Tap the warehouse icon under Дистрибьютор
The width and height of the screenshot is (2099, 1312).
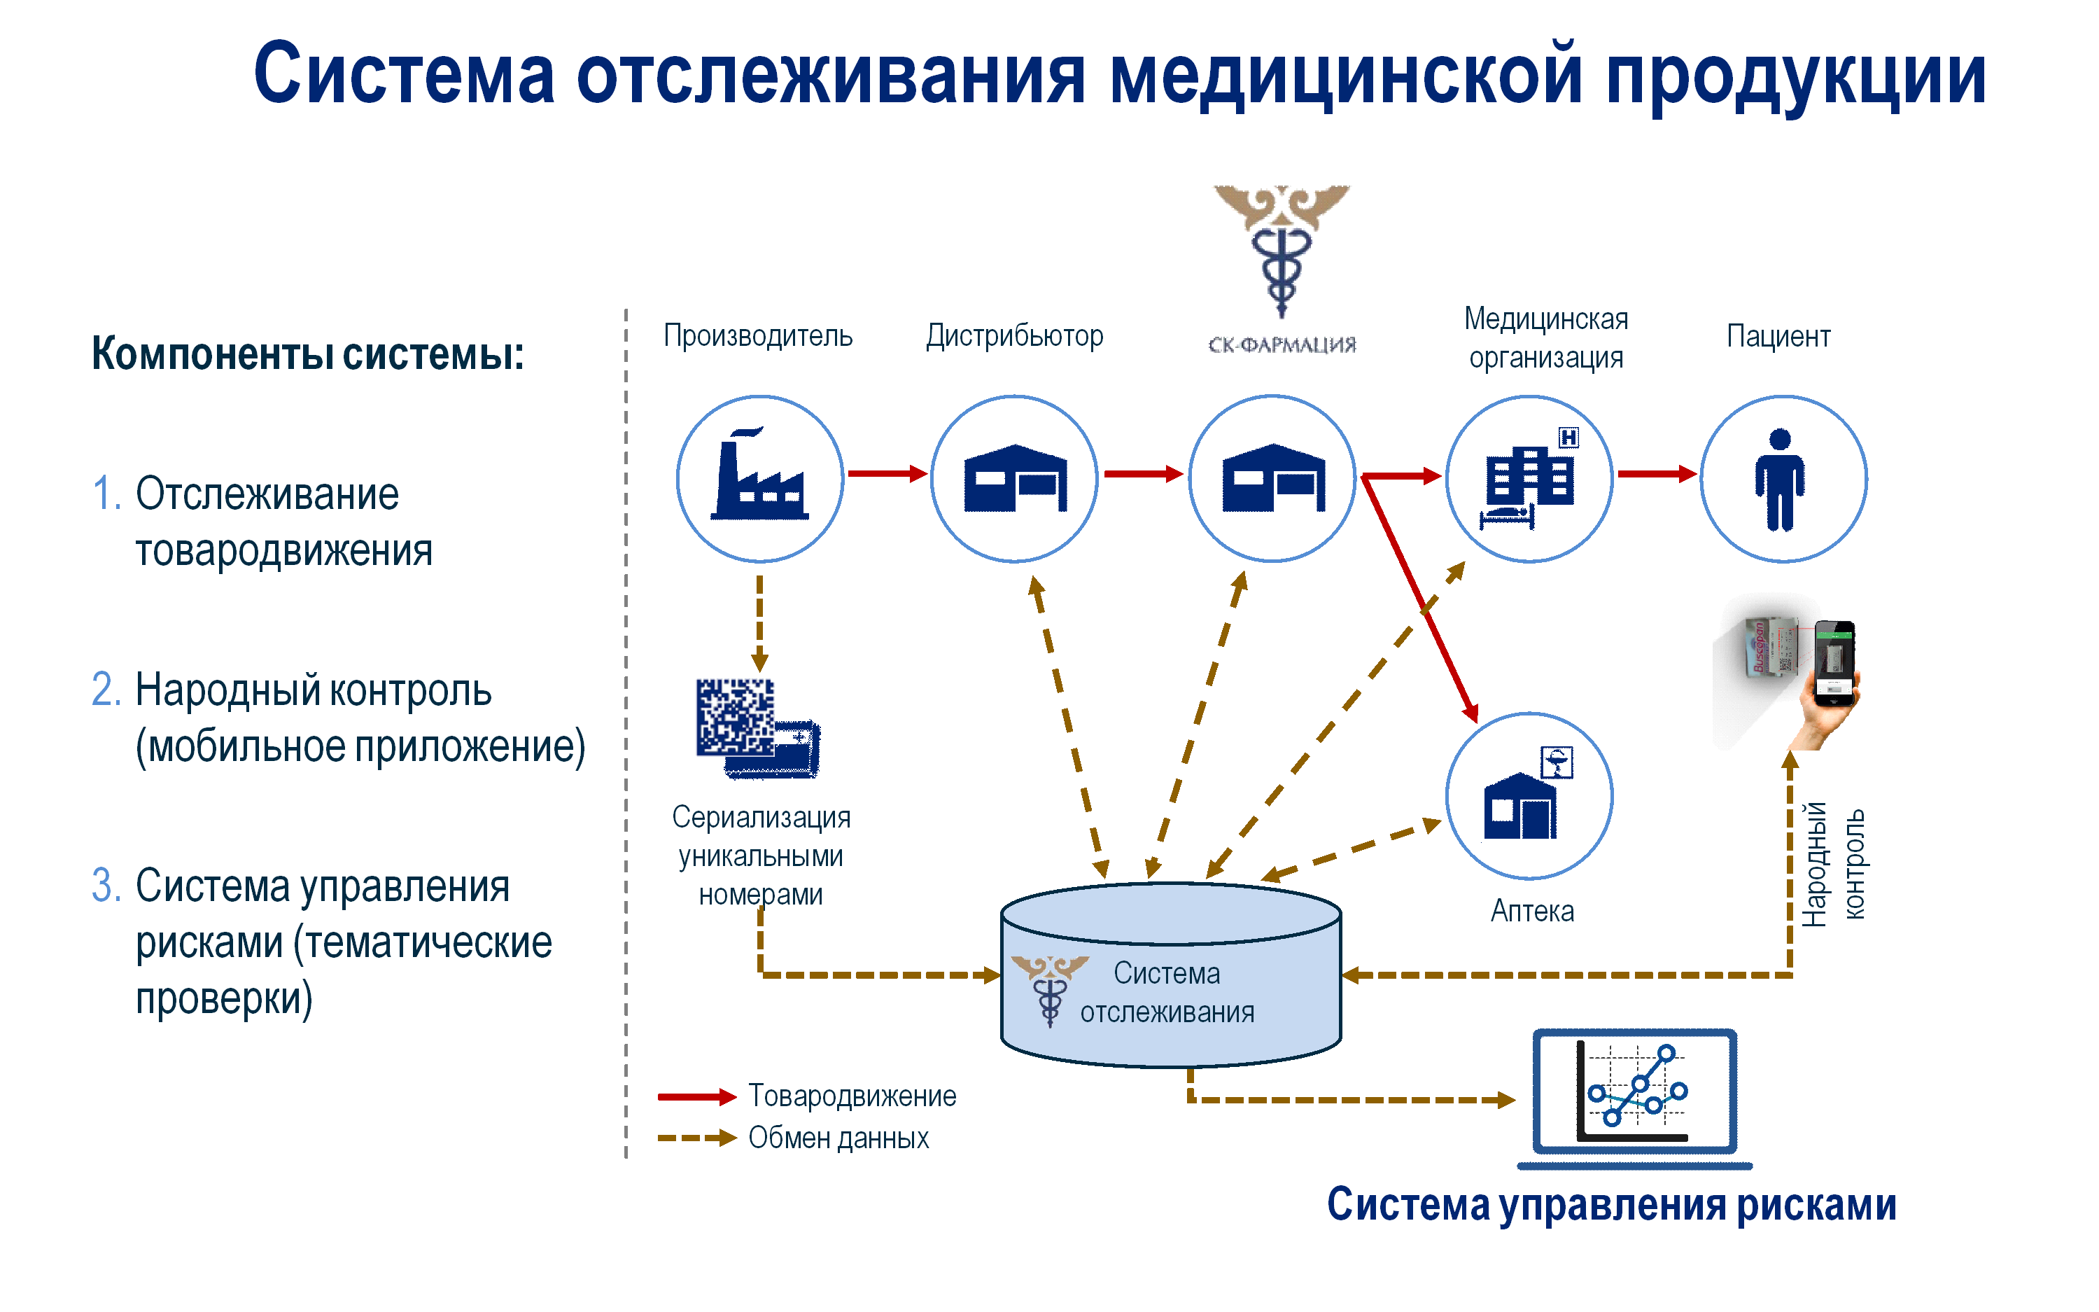pos(1014,478)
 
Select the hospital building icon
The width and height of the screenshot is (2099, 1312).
pos(1529,478)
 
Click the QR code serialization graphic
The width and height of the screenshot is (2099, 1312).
pos(757,728)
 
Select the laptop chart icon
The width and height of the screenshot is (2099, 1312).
pos(1634,1098)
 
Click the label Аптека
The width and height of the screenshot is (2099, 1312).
pos(1532,911)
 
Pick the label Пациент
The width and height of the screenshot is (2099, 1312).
pos(1778,336)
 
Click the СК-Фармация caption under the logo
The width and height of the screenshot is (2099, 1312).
pos(1282,344)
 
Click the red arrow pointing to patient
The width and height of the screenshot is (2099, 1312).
pos(1657,474)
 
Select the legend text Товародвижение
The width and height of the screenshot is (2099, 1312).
pos(852,1096)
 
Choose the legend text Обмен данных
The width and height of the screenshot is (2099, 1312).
pos(838,1138)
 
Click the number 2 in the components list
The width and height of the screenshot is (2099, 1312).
pos(106,690)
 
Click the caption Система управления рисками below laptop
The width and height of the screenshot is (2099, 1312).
pos(1612,1204)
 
